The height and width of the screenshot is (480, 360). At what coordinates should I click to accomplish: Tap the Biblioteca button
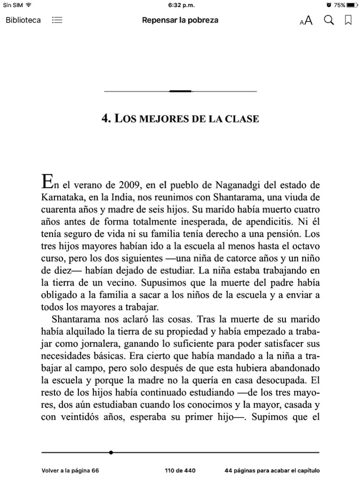coord(23,20)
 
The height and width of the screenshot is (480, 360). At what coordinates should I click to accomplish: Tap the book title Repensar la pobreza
coord(180,20)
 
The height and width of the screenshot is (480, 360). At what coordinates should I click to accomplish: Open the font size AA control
coord(306,21)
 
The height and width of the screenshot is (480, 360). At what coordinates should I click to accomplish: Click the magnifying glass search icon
coord(329,20)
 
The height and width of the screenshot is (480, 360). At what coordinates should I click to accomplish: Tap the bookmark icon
coord(348,20)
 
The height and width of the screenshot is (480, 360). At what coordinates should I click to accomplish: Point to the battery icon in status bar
coord(352,5)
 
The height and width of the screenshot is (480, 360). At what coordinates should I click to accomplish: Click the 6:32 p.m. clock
coord(180,5)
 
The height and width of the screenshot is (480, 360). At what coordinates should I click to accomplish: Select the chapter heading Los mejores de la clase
coord(180,119)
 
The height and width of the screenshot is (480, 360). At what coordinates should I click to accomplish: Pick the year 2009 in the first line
coord(128,184)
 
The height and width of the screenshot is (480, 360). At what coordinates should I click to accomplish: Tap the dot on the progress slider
coord(111,452)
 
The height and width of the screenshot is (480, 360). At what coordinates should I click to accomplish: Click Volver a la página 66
coord(70,471)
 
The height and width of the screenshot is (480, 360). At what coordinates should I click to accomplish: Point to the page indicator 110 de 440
coord(180,471)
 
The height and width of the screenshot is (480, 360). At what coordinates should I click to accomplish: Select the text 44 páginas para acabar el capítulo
coord(272,471)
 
